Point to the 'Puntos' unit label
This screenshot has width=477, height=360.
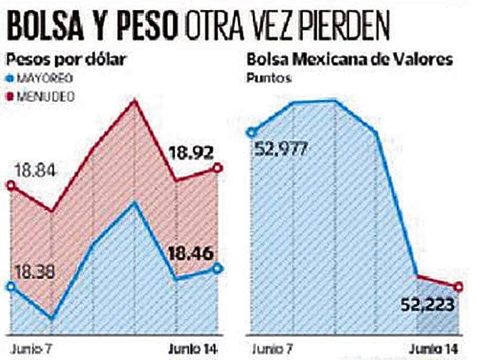[x=269, y=78]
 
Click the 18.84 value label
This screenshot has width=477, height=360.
[x=28, y=171]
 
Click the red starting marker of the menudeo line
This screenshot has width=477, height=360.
[x=10, y=185]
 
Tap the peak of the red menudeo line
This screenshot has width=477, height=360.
[x=135, y=100]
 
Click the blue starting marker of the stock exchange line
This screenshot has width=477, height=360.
[x=251, y=132]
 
